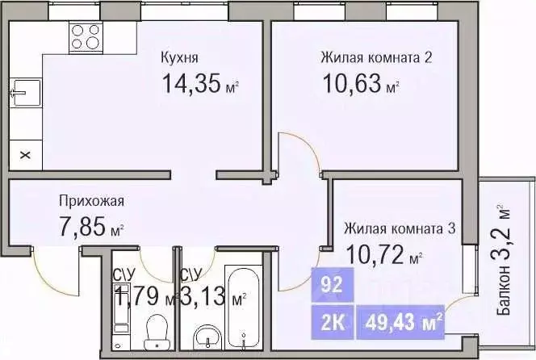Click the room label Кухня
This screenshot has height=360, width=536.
tap(180, 58)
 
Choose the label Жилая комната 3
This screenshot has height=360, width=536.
tap(400, 228)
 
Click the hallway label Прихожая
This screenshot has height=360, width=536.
tap(90, 201)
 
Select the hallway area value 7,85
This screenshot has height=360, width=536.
tap(82, 228)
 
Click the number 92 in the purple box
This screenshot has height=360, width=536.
tap(330, 285)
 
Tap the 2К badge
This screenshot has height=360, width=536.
tap(330, 324)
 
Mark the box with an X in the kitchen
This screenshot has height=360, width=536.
tap(23, 153)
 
